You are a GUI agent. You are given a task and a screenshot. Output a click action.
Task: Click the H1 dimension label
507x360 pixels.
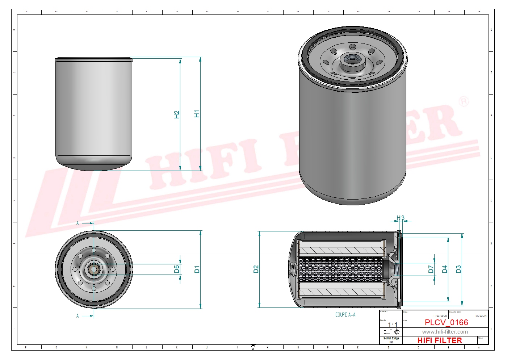click(197, 114)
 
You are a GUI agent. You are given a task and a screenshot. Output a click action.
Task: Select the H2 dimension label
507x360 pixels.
click(177, 114)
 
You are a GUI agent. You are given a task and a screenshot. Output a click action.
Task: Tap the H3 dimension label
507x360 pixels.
click(400, 218)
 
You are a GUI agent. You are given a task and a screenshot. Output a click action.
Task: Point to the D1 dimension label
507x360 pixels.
click(197, 269)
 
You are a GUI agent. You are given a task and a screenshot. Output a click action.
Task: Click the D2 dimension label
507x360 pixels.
click(256, 269)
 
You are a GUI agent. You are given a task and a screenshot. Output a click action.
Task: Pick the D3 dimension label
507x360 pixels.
click(458, 269)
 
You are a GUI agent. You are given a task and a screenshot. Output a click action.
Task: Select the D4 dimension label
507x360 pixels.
click(445, 269)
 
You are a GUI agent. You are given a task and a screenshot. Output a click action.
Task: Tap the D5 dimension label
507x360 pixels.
click(177, 269)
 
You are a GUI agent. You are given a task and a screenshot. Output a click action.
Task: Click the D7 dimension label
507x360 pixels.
click(431, 269)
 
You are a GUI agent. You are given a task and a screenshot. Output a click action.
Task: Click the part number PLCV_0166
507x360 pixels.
click(446, 322)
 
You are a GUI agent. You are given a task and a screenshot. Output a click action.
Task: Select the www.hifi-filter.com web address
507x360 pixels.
click(445, 332)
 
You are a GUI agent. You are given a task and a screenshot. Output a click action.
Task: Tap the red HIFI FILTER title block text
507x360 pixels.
click(440, 340)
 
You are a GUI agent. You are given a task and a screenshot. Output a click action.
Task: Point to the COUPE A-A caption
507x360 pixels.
click(345, 315)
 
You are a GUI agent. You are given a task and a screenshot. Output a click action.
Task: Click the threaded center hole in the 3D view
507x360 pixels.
click(351, 59)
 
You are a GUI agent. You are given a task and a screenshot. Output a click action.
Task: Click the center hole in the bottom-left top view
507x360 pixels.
click(94, 269)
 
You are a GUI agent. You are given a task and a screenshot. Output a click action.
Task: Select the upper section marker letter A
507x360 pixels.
click(77, 223)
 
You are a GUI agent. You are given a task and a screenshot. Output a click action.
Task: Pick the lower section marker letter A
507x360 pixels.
click(77, 316)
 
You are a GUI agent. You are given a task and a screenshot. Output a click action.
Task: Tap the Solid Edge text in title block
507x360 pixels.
click(391, 338)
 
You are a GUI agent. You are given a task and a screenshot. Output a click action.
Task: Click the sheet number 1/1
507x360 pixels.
click(393, 325)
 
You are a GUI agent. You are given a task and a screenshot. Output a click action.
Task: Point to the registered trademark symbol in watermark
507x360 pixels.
click(464, 101)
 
